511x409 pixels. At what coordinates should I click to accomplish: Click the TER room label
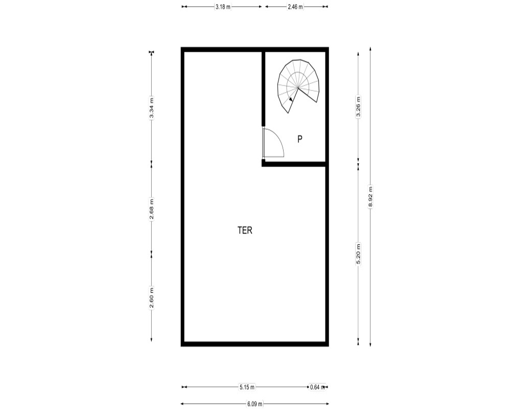pyautogui.click(x=245, y=231)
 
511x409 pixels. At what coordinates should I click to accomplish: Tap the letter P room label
pyautogui.click(x=300, y=139)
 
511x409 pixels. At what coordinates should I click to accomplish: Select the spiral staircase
pyautogui.click(x=298, y=86)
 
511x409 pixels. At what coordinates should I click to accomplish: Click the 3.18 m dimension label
pyautogui.click(x=223, y=7)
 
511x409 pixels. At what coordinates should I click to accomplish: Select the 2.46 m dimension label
pyautogui.click(x=295, y=7)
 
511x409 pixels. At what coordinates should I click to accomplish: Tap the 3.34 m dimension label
pyautogui.click(x=151, y=108)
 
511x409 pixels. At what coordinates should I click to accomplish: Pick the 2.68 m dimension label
pyautogui.click(x=151, y=209)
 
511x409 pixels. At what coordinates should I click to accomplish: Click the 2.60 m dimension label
pyautogui.click(x=151, y=297)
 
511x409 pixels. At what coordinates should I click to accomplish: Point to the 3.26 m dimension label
pyautogui.click(x=358, y=107)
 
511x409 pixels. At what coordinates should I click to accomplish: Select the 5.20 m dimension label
pyautogui.click(x=358, y=254)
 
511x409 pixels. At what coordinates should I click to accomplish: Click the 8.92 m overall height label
pyautogui.click(x=370, y=197)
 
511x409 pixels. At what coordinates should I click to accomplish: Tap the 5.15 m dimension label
pyautogui.click(x=247, y=387)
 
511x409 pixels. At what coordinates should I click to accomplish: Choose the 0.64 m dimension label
pyautogui.click(x=317, y=387)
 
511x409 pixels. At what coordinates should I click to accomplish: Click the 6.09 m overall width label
pyautogui.click(x=255, y=404)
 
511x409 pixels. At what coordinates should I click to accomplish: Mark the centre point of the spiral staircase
pyautogui.click(x=298, y=88)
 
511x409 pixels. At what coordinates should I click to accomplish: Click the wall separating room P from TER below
pyautogui.click(x=294, y=164)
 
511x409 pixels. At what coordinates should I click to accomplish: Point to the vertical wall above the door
pyautogui.click(x=263, y=89)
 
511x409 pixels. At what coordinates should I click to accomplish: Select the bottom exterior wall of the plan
pyautogui.click(x=255, y=344)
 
